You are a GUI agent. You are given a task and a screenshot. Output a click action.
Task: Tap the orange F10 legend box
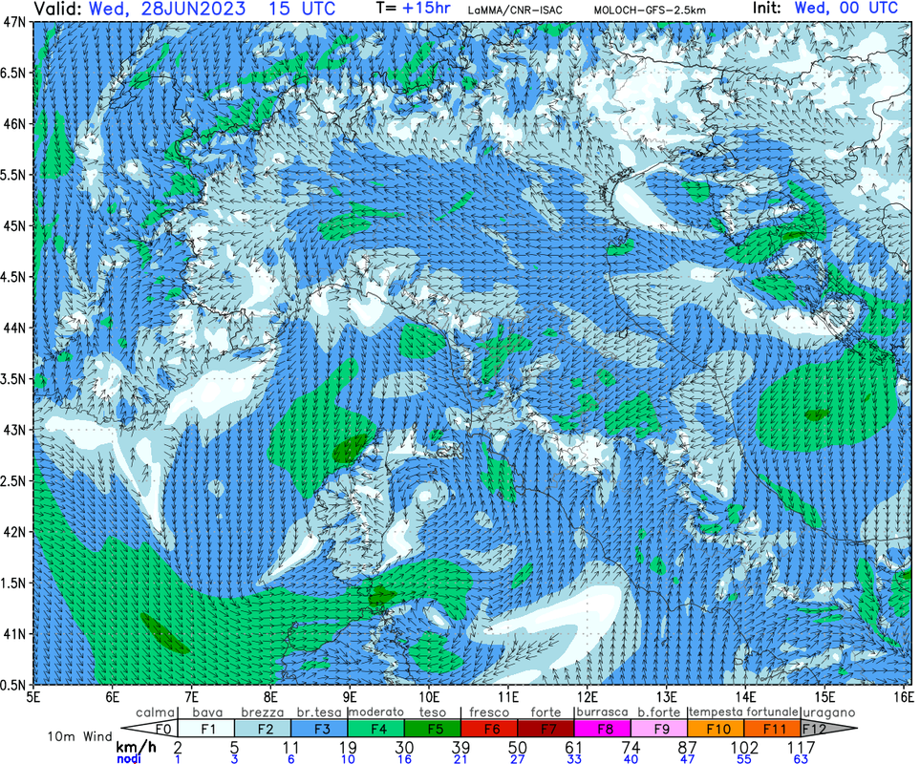click(716, 729)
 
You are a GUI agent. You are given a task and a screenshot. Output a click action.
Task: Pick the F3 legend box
click(319, 729)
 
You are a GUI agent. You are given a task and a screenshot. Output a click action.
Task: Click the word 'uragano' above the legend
click(827, 712)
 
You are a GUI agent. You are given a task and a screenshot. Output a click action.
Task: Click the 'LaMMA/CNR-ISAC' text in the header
click(515, 10)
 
